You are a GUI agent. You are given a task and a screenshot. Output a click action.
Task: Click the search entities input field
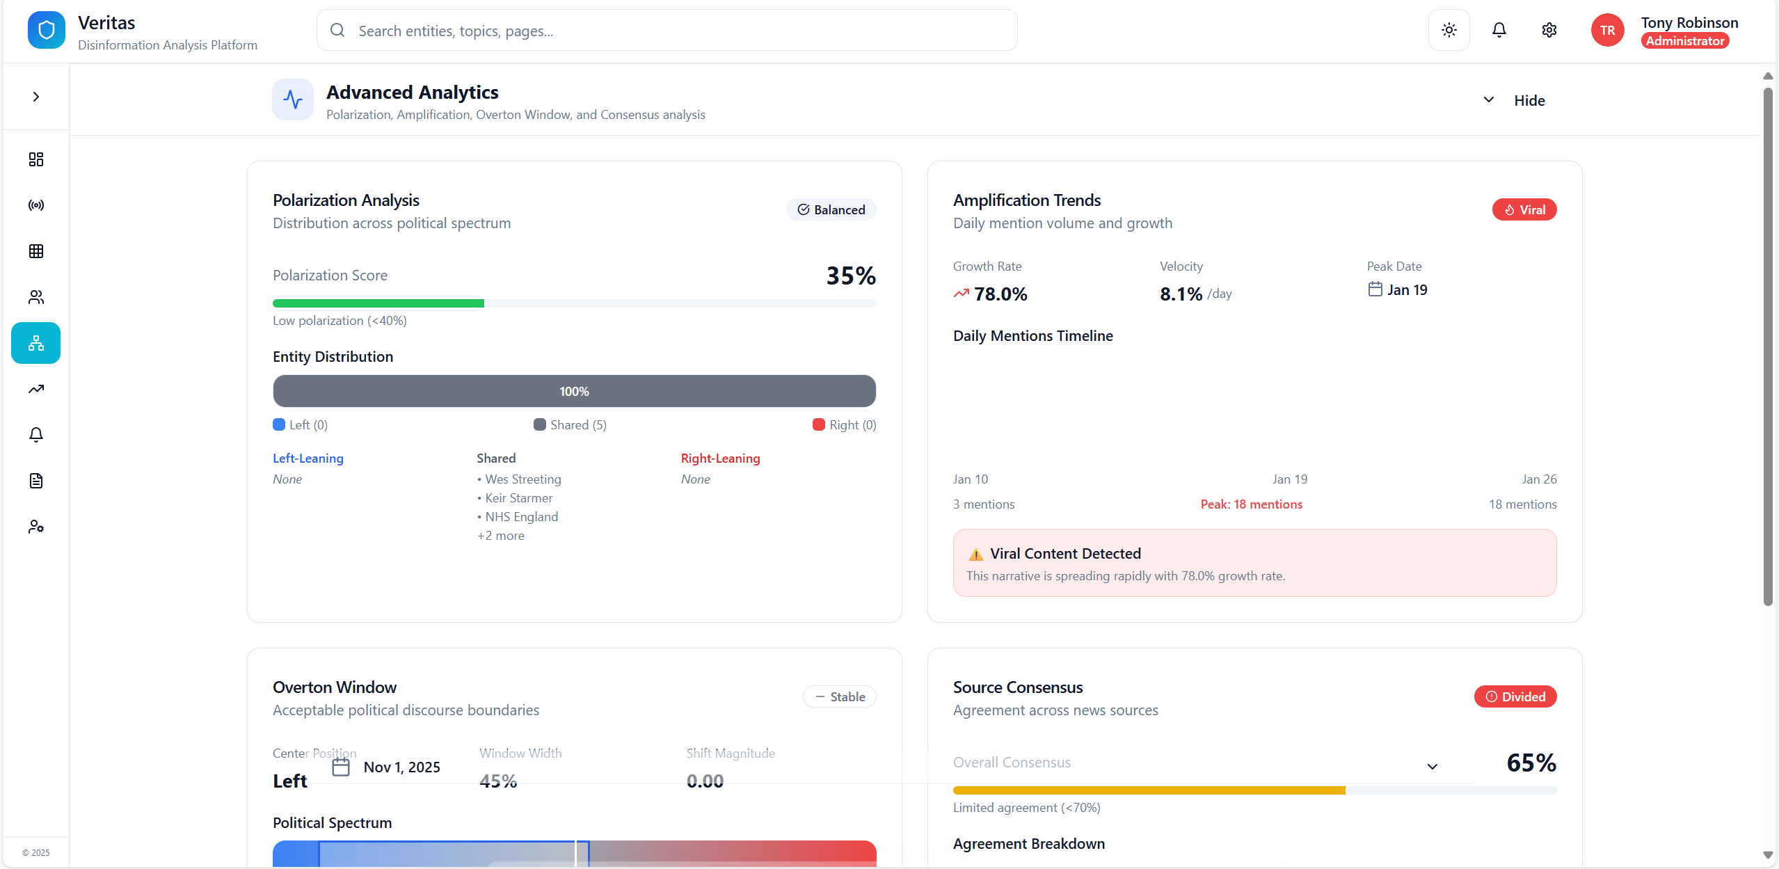tap(666, 31)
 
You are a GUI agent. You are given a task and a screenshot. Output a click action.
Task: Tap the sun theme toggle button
tap(1449, 30)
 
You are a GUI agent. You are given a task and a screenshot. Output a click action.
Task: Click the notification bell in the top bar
tap(1499, 30)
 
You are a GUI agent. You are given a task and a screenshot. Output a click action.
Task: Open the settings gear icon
tap(1549, 30)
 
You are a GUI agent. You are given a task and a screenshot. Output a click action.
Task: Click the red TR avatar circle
tap(1607, 30)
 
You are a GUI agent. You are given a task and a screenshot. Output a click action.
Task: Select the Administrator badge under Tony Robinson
tap(1684, 41)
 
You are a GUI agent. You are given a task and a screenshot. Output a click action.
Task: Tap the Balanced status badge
tap(831, 209)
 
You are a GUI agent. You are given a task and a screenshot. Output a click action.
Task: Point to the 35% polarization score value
tap(850, 276)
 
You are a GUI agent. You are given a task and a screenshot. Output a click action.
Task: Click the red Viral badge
tap(1524, 209)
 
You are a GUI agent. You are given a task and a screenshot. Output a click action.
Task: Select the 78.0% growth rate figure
tap(1000, 294)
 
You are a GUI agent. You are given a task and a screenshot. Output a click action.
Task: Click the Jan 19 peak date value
tap(1406, 289)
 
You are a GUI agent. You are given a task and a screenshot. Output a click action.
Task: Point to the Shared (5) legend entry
tap(570, 424)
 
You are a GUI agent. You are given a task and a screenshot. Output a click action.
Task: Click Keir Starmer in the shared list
tap(518, 498)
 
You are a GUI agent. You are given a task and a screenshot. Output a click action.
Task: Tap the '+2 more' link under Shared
tap(501, 536)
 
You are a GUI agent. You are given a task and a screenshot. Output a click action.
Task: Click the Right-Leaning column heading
tap(720, 459)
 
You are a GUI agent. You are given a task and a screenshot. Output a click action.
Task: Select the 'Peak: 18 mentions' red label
tap(1251, 504)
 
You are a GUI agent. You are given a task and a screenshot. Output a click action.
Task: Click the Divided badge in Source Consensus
tap(1515, 696)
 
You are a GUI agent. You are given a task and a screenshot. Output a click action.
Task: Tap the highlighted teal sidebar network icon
tap(36, 343)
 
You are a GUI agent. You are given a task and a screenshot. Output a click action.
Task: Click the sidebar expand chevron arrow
tap(36, 97)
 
